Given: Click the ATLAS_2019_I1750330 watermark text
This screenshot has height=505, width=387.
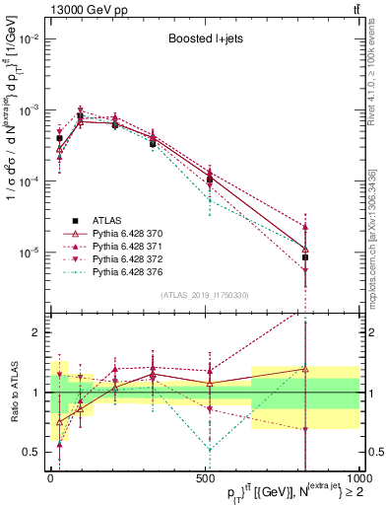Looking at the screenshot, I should [x=204, y=294].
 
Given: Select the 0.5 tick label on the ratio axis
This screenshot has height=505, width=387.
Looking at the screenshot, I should [x=32, y=452].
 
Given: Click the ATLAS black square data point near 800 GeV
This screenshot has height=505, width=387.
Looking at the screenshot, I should [x=305, y=257].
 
